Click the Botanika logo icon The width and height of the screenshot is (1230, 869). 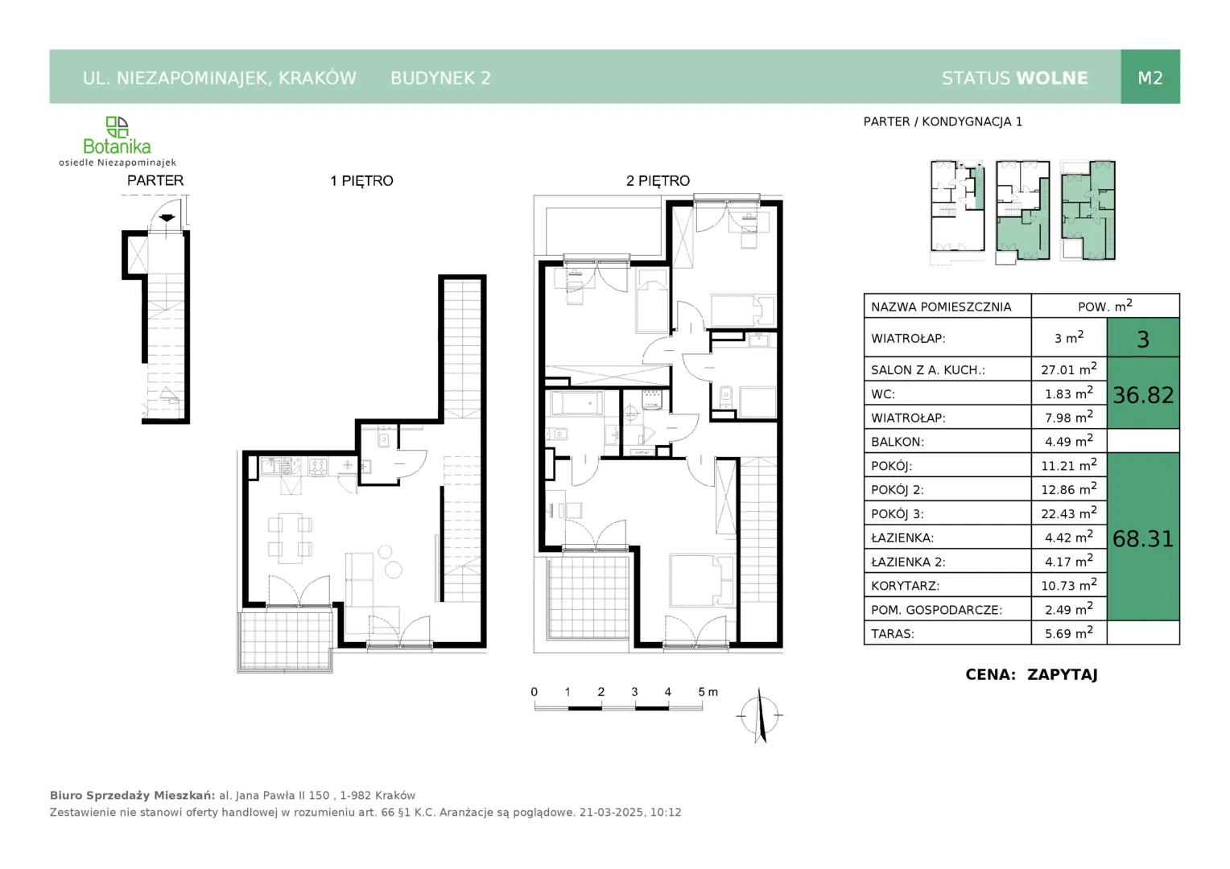coord(117,127)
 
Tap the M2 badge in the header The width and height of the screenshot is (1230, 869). coord(1150,77)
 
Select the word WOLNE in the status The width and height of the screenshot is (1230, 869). coord(1052,78)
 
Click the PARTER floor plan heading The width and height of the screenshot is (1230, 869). coord(155,180)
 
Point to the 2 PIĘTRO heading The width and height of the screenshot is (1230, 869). coord(658,180)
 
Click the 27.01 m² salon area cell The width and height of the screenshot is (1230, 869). coord(1068,369)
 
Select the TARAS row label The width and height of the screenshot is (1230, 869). coord(893,633)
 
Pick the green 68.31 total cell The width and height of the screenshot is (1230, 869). coord(1143,538)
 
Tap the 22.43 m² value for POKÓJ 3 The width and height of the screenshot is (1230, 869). coord(1068,513)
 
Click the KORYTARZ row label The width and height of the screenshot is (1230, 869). coord(905,586)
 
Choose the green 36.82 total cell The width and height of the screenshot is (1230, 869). coord(1143,393)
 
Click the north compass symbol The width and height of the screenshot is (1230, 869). coord(759,715)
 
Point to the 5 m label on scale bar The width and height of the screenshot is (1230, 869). coord(708,692)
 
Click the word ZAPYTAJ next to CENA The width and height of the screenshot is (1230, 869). coord(1062,674)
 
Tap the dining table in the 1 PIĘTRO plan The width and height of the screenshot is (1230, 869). coord(290,538)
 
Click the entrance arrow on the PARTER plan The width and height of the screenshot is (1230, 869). coord(167,218)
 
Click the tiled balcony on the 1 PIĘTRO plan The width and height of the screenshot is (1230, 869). coord(286,640)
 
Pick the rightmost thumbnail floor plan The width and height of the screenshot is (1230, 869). coord(1088,210)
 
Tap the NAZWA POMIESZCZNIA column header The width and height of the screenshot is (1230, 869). coord(941,307)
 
